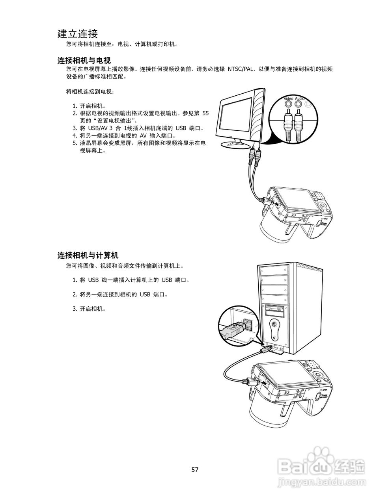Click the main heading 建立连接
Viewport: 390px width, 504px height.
click(x=78, y=33)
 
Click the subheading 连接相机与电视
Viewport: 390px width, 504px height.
click(x=84, y=60)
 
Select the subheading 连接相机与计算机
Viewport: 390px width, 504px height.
click(x=88, y=256)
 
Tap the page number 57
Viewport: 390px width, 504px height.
click(x=195, y=469)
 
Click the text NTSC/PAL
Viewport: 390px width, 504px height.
click(x=241, y=69)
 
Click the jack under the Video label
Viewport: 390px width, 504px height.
click(x=289, y=104)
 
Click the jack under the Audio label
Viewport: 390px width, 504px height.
click(x=299, y=104)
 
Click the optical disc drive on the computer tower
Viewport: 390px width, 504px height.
click(x=274, y=310)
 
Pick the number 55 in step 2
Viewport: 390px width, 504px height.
click(x=205, y=113)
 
